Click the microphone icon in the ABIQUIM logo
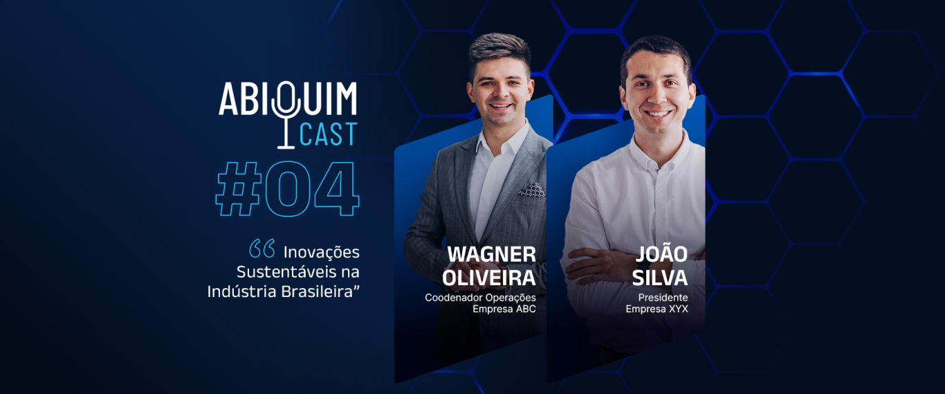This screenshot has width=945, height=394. coord(286,115)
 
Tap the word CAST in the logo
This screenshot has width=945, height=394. coord(328,134)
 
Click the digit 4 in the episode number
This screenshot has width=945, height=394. coord(336,188)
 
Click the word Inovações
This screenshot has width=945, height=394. coord(321,251)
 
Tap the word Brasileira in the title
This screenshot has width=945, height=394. coord(320,292)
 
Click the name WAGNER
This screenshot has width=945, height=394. coord(491,254)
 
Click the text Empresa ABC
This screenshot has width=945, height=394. coord(504,309)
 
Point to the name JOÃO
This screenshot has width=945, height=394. coord(661,254)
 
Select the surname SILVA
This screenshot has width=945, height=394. coord(662,278)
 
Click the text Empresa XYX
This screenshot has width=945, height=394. coord(657,309)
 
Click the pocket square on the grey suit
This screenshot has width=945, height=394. coord(531,189)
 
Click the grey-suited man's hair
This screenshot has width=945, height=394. coord(499,52)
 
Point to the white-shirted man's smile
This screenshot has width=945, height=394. coord(658,113)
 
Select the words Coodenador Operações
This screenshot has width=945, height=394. coord(480,298)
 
